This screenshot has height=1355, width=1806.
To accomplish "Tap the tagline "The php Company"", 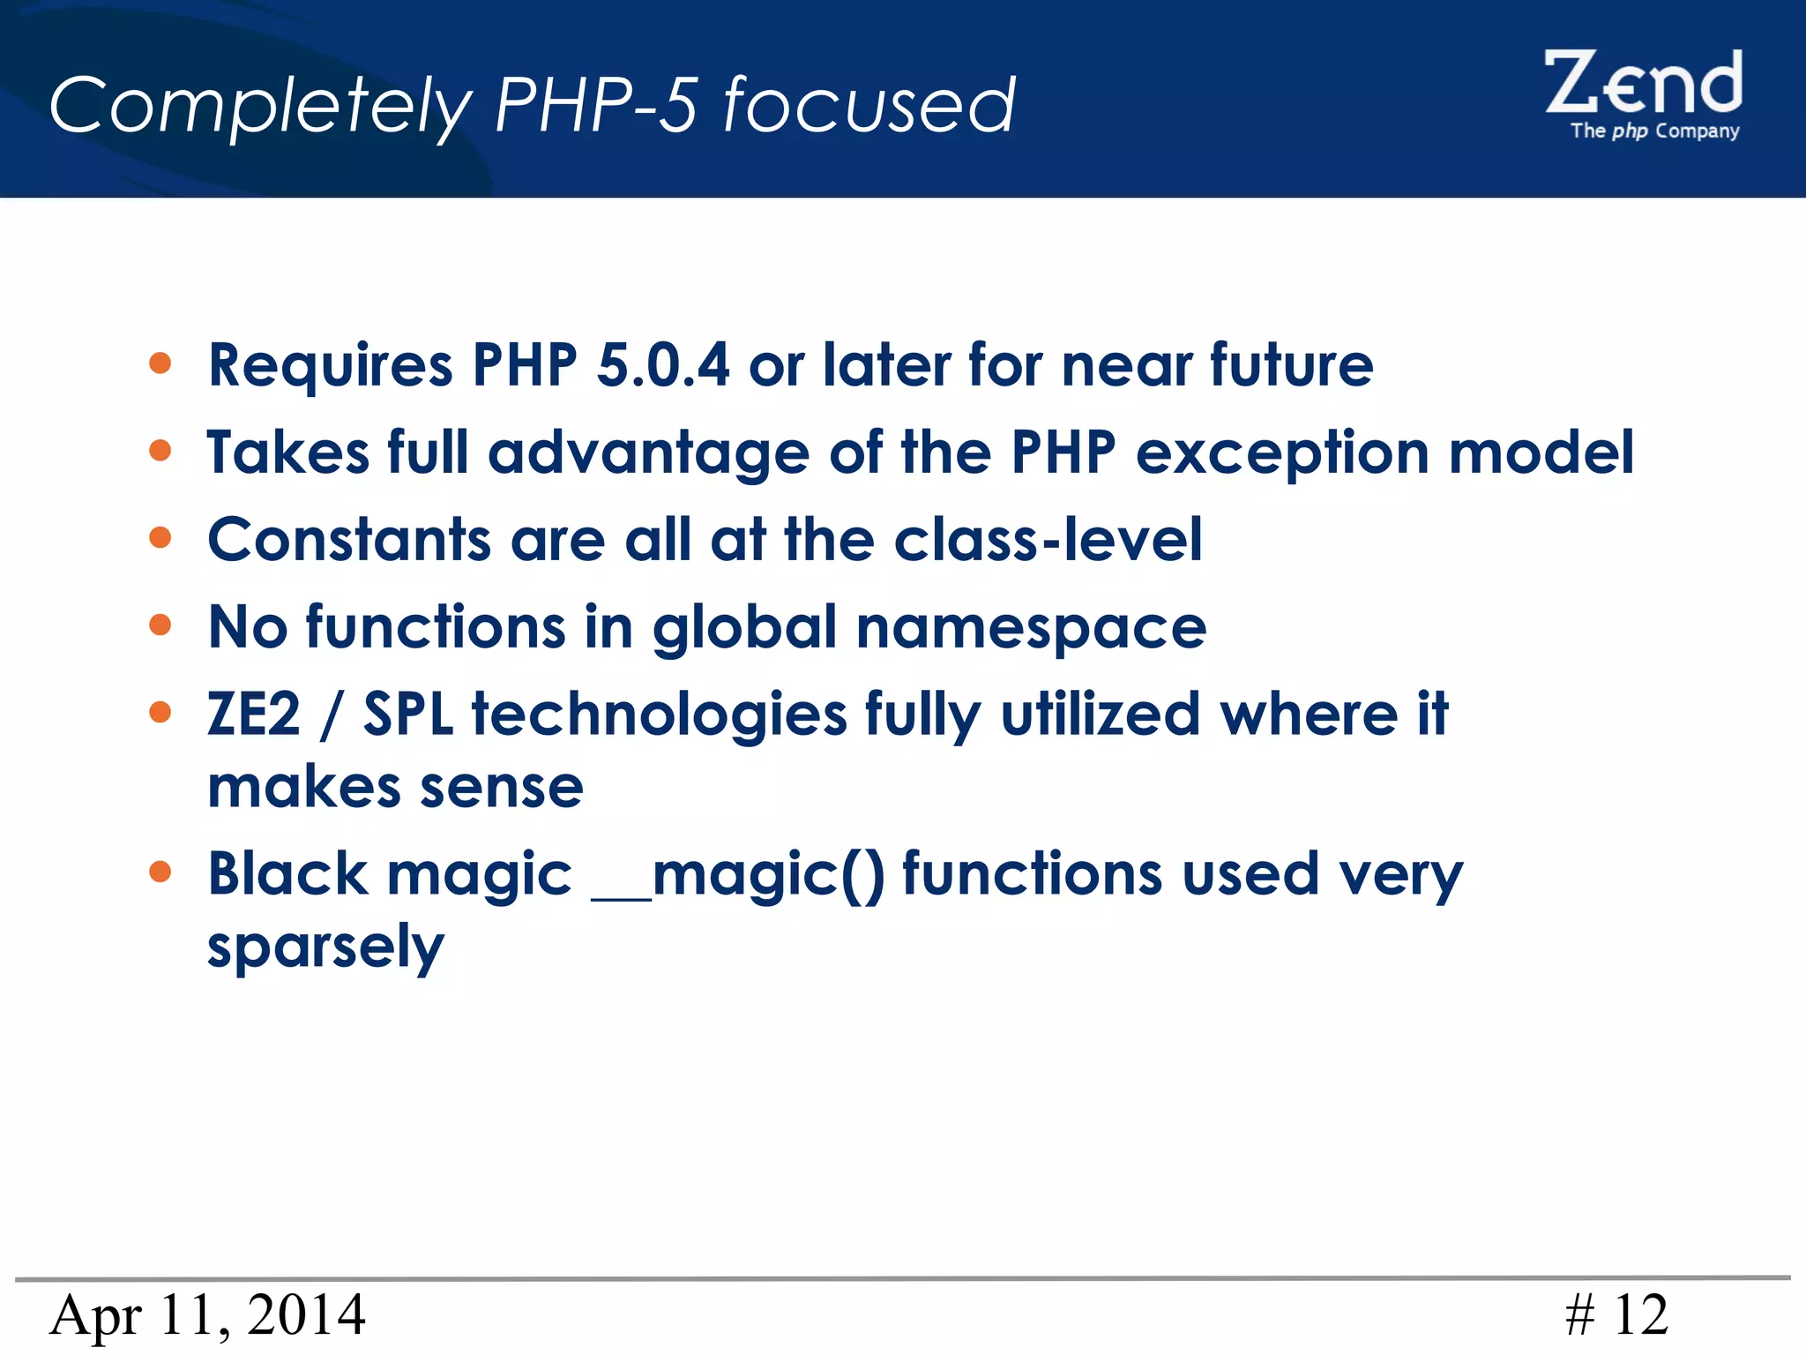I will point(1654,131).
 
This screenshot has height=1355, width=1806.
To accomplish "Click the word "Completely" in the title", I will point(261,106).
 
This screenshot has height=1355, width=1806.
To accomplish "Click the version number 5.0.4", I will point(662,364).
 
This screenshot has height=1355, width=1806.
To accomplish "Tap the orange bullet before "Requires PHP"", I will point(160,363).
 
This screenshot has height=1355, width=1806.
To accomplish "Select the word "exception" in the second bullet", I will point(1281,453).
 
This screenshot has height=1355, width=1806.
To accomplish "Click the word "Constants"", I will point(349,539).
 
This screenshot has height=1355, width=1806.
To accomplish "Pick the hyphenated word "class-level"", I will point(1048,539).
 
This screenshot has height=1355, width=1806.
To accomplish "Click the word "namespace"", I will point(1031,627).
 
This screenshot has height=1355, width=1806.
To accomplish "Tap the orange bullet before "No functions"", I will point(160,625).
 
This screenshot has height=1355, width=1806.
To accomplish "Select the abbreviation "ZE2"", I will point(254,714).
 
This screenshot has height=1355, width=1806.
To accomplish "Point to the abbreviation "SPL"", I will point(408,714).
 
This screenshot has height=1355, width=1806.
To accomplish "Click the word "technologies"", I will point(659,715).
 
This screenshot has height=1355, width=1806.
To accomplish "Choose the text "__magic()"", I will point(737,875).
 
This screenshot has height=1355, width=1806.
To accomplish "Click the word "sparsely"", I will point(325,947).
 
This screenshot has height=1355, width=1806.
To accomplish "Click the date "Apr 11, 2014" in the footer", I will point(207,1315).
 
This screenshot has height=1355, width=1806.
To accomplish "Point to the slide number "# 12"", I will point(1616,1315).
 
